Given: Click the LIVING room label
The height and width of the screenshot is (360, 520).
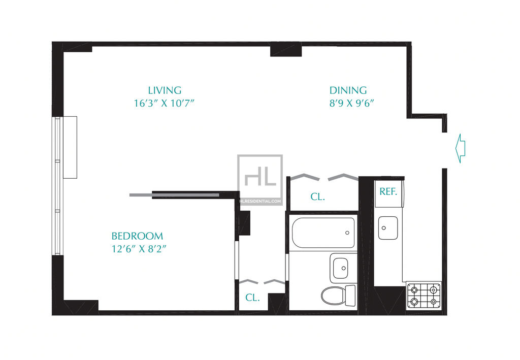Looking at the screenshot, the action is tap(165, 90).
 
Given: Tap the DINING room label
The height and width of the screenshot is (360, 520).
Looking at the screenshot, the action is tap(348, 90).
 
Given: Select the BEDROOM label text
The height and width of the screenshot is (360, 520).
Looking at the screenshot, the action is tap(137, 236).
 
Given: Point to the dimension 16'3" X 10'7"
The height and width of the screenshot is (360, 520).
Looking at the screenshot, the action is tap(164, 103).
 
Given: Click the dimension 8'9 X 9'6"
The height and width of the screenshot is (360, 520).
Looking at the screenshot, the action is tap(351, 103).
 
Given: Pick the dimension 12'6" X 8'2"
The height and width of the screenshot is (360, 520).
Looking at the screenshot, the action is tap(139, 249).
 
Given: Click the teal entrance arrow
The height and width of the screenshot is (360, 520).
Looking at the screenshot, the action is tap(460, 148).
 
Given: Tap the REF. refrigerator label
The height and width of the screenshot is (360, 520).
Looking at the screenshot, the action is tap(388, 191).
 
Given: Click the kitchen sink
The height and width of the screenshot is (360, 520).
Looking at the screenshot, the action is tap(388, 228).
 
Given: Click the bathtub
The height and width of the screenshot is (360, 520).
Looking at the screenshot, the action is tap(323, 233).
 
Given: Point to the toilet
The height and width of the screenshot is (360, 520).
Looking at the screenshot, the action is tap(338, 295).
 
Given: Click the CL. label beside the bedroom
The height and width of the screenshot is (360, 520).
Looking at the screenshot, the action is tap(252, 298).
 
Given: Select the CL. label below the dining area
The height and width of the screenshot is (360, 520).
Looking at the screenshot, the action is tap(317, 197).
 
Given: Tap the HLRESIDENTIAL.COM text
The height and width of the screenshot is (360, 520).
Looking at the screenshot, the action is tap(261, 201).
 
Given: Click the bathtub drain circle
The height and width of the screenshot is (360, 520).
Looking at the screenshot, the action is tap(347, 233).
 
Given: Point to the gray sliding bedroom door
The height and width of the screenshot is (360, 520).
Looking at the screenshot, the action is tap(174, 195).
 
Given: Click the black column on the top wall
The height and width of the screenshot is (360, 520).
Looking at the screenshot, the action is tap(286, 49).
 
